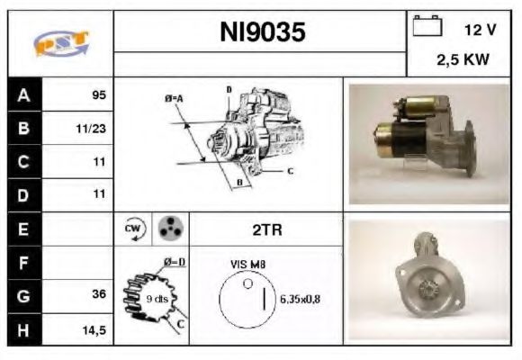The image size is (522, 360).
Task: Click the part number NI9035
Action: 263,32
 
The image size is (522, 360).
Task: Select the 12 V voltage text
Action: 480,30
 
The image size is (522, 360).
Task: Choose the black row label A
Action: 23,94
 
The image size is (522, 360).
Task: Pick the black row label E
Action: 23,229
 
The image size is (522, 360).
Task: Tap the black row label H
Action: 23,329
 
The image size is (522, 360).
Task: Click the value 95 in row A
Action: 99,94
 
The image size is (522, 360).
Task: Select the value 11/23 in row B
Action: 93,128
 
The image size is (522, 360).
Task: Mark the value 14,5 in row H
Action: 94,329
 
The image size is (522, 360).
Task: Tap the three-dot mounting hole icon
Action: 169,229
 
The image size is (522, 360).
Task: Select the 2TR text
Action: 266,229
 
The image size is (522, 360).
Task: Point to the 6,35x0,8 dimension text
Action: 301,298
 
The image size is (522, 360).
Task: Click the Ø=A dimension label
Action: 174,97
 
